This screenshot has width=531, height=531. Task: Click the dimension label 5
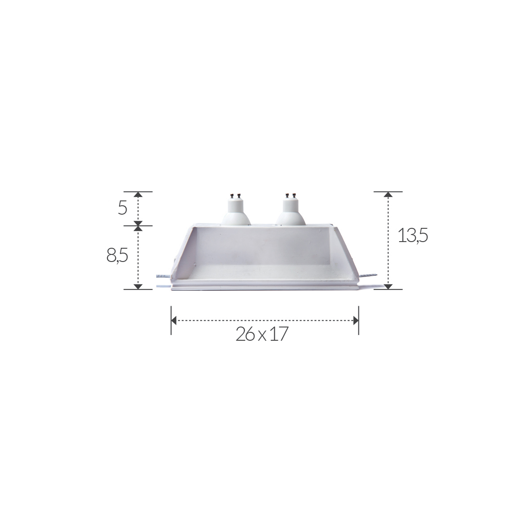click(123, 208)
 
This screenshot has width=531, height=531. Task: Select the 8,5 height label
click(117, 255)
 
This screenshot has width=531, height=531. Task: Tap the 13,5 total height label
click(413, 235)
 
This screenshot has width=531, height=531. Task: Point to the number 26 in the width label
click(245, 334)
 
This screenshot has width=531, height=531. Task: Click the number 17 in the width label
click(279, 334)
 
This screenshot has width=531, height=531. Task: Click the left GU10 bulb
click(236, 210)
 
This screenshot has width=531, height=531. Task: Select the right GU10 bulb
click(291, 210)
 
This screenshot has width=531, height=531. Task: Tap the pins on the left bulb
click(235, 196)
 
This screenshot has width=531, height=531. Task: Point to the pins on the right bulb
click(290, 196)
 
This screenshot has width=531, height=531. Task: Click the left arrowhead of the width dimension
click(173, 320)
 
